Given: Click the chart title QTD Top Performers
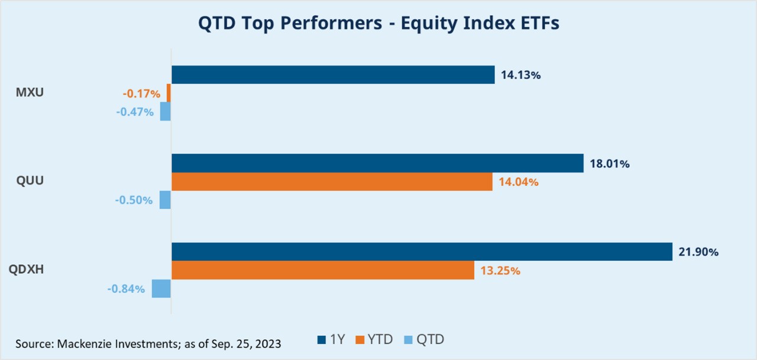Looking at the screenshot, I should tap(378, 24).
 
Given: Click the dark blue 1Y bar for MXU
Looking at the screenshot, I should tap(333, 74).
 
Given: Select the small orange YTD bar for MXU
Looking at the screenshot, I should tap(169, 93).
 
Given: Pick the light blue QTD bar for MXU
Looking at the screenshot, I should tap(166, 111).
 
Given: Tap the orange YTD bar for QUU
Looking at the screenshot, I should tap(332, 182).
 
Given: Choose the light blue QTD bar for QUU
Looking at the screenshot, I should tap(165, 200).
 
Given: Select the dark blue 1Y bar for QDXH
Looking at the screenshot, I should tap(422, 252).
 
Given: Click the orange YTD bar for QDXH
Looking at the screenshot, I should tap(323, 270).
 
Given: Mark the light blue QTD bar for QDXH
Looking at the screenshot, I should tap(161, 288).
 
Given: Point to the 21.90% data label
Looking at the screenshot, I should tap(698, 252).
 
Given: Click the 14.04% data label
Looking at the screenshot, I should tap(518, 182).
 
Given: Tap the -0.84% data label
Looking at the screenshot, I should tap(126, 289).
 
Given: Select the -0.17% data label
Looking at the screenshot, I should tap(141, 93).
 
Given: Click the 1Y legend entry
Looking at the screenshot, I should tap(331, 340).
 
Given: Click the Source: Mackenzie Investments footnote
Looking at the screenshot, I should tap(148, 343).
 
